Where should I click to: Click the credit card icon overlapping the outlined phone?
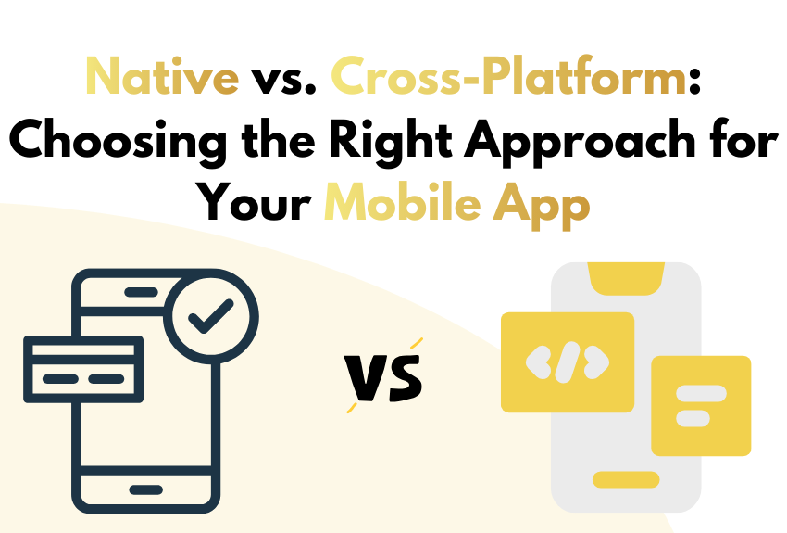pyautogui.click(x=82, y=368)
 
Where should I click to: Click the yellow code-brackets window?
pyautogui.click(x=568, y=362)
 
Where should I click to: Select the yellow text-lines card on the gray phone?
pyautogui.click(x=701, y=405)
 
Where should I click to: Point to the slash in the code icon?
pyautogui.click(x=568, y=362)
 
